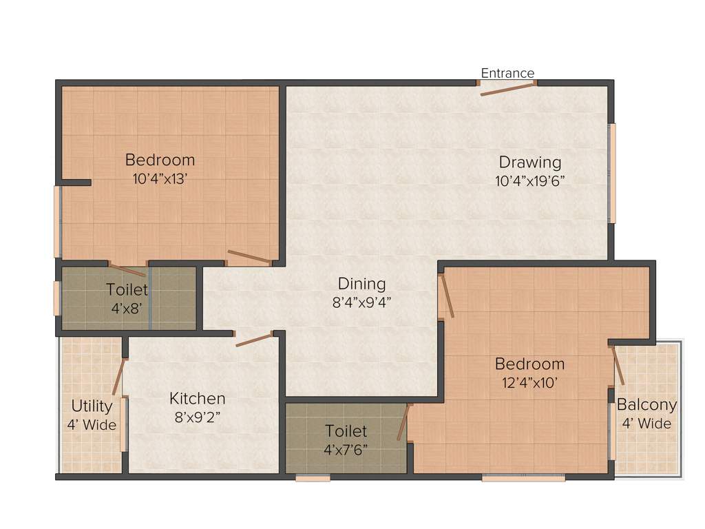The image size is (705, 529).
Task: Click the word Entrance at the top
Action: point(507,73)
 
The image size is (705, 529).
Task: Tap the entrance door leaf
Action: point(507,88)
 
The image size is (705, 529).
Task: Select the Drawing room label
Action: point(530,163)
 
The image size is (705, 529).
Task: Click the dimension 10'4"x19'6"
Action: point(530,180)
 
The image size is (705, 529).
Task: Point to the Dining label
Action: point(361,283)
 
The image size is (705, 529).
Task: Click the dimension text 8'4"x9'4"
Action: point(361,300)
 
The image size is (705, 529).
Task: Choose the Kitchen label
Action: point(198,398)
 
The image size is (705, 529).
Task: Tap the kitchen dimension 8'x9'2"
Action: point(198,416)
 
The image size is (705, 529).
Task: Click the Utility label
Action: point(92,406)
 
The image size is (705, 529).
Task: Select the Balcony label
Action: point(646,405)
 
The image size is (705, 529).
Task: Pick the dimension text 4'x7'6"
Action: point(346,449)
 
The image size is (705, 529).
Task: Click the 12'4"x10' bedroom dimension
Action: point(529,382)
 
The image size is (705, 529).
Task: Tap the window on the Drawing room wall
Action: point(612,173)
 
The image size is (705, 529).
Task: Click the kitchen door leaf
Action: point(255,340)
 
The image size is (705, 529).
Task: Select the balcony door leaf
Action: point(619,365)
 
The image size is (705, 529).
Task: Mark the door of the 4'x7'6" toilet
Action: point(403,422)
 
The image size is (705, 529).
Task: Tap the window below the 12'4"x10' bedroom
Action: point(523,477)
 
